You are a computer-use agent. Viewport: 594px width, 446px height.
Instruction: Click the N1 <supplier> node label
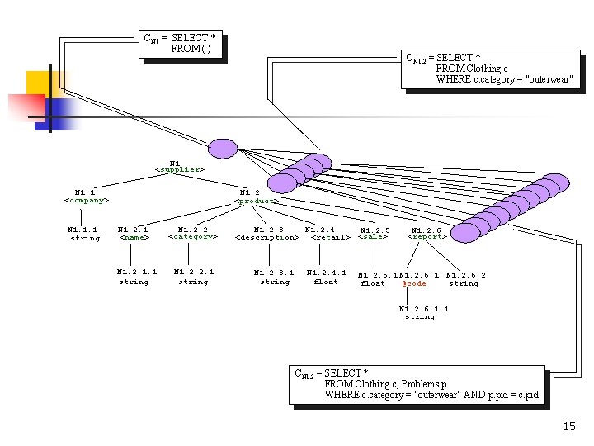pyautogui.click(x=179, y=166)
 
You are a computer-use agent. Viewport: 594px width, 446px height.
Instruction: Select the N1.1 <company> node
pyautogui.click(x=86, y=196)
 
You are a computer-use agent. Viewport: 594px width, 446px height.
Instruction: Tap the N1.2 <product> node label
pyautogui.click(x=256, y=197)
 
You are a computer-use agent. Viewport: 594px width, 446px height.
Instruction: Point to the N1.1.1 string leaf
pyautogui.click(x=83, y=234)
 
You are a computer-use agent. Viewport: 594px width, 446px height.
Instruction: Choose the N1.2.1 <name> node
pyautogui.click(x=134, y=233)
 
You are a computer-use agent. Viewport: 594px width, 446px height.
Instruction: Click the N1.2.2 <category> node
pyautogui.click(x=192, y=232)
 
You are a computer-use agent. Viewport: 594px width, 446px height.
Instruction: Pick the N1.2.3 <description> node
pyautogui.click(x=267, y=233)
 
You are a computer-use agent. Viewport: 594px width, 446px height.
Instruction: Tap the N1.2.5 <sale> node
pyautogui.click(x=374, y=234)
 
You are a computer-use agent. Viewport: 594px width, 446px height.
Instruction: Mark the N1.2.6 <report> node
pyautogui.click(x=427, y=234)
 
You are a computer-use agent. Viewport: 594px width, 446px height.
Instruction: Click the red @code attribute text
pyautogui.click(x=414, y=283)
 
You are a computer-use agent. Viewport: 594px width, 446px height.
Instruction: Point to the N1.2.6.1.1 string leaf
pyautogui.click(x=423, y=312)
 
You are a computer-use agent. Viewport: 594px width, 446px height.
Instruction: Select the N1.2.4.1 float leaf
pyautogui.click(x=326, y=277)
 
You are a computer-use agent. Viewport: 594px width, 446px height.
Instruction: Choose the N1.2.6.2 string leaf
pyautogui.click(x=464, y=279)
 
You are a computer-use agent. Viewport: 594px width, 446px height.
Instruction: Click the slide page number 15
pyautogui.click(x=568, y=426)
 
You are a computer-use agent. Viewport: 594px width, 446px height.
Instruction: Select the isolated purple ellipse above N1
pyautogui.click(x=222, y=149)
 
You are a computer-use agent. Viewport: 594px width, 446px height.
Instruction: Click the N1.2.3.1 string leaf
pyautogui.click(x=274, y=277)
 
